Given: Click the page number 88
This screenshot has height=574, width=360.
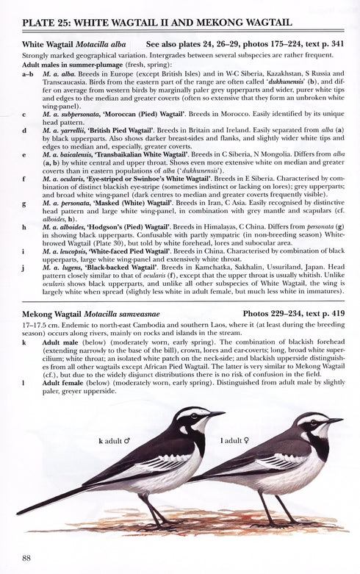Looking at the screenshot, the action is click(27, 558).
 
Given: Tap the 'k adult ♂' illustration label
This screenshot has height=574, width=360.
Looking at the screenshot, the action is click(114, 442).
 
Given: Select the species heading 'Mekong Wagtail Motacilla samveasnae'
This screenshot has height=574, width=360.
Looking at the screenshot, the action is click(96, 315).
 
